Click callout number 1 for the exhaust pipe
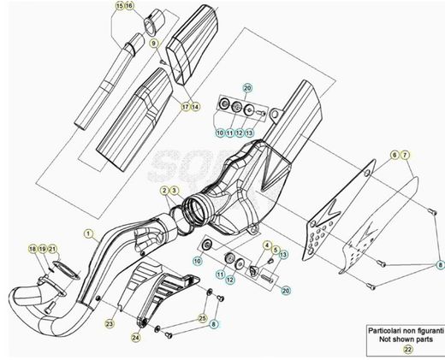tap(86, 232)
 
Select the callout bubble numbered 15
tap(119, 6)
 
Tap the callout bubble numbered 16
tap(129, 6)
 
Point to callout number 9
tap(153, 43)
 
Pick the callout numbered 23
tap(109, 323)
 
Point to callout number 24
tap(136, 338)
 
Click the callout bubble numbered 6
tap(396, 154)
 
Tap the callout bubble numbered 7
tap(406, 154)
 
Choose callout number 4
tap(266, 245)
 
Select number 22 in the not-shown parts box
tap(406, 349)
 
